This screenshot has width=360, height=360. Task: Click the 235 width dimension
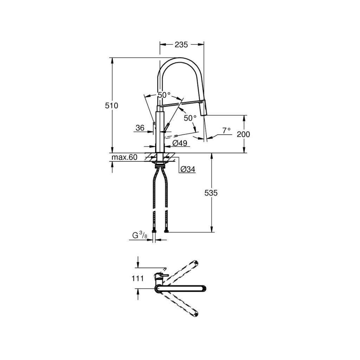pyautogui.click(x=181, y=45)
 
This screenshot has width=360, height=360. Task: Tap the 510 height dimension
pyautogui.click(x=111, y=105)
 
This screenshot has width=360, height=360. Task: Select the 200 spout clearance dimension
pyautogui.click(x=243, y=134)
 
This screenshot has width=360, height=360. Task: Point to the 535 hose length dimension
pyautogui.click(x=211, y=193)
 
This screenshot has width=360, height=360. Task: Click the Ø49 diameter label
pyautogui.click(x=180, y=143)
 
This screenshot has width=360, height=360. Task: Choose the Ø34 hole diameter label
pyautogui.click(x=188, y=169)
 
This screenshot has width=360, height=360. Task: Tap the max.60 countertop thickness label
pyautogui.click(x=124, y=157)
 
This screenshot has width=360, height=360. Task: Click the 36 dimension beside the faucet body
pyautogui.click(x=140, y=128)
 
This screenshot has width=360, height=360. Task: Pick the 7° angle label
pyautogui.click(x=226, y=130)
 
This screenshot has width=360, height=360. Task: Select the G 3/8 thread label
pyautogui.click(x=139, y=235)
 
